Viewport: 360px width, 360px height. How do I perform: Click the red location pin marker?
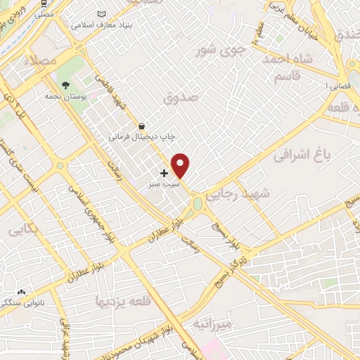coord(181,165)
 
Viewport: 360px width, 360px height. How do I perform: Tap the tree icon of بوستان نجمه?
coord(65,85)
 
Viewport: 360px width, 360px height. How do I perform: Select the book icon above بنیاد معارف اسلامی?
coord(102,14)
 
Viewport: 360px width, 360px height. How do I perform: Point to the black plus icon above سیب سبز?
coord(165,172)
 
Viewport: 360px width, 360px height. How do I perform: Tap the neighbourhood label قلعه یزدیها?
coord(122,302)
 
